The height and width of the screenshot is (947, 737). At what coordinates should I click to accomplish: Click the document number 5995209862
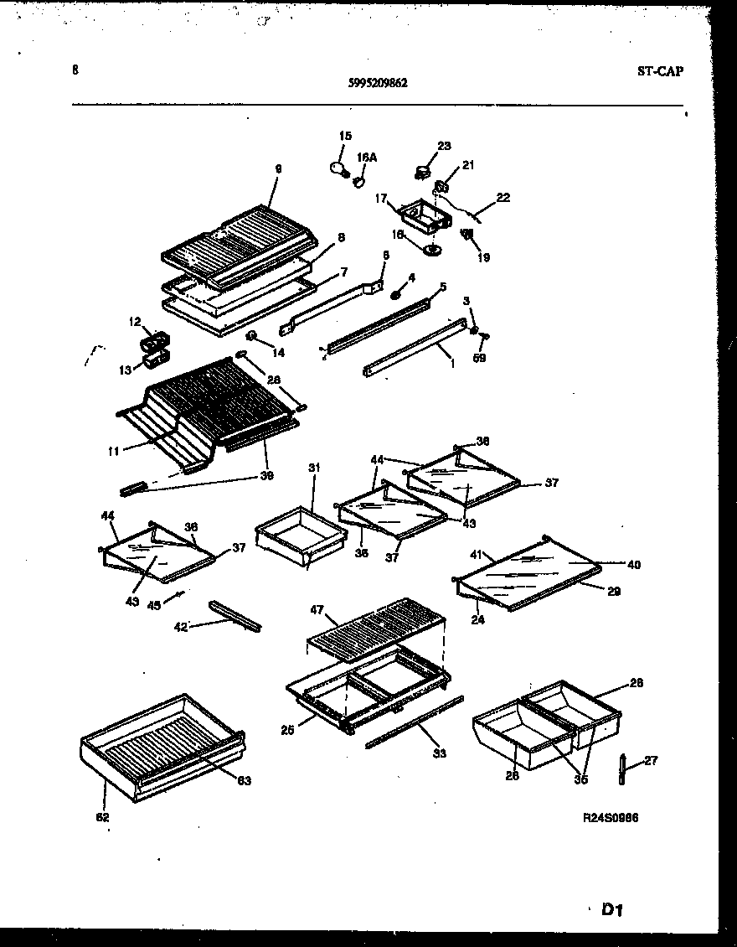coord(378,83)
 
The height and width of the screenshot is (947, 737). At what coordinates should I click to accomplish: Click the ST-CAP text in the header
coord(659,71)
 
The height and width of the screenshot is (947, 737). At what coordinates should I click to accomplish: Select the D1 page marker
coord(614,908)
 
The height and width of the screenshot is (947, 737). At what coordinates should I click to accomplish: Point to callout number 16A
coord(366,157)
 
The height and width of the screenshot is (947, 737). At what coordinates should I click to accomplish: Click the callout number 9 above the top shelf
coord(278,168)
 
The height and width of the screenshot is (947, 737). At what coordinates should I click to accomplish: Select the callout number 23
coord(444,144)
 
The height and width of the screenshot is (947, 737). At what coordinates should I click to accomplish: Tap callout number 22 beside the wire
coord(502,198)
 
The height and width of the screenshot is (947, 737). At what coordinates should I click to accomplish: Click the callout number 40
coord(633,565)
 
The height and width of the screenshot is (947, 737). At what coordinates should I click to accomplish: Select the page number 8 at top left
coord(75,71)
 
